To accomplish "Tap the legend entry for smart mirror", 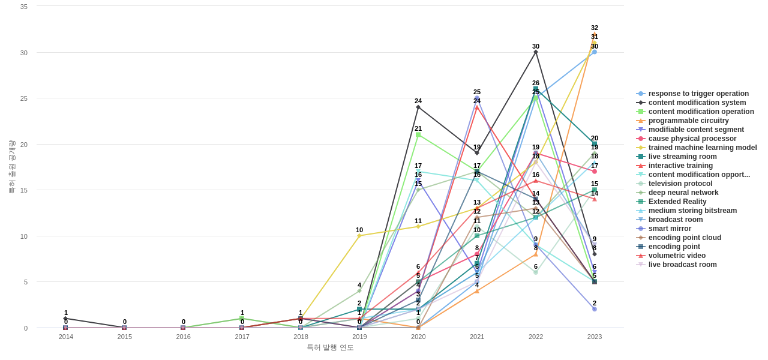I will point(669,229).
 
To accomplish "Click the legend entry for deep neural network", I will point(683,193).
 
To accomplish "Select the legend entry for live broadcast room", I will point(682,265).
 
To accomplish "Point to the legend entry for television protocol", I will point(680,184).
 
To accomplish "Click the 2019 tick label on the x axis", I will point(359,337).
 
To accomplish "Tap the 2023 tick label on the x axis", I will point(595,337).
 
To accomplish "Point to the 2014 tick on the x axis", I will point(66,337).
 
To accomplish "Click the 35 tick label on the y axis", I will point(24,7).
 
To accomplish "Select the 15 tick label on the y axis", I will point(24,190).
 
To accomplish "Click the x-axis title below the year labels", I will point(330,347).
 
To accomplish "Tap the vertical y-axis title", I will point(11,167).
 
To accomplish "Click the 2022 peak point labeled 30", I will point(536,52).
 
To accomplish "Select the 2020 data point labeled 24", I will point(418,107).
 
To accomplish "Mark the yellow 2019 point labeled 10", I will point(359,236).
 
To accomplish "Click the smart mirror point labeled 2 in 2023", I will point(595,309).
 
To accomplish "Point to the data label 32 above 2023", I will point(595,28).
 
